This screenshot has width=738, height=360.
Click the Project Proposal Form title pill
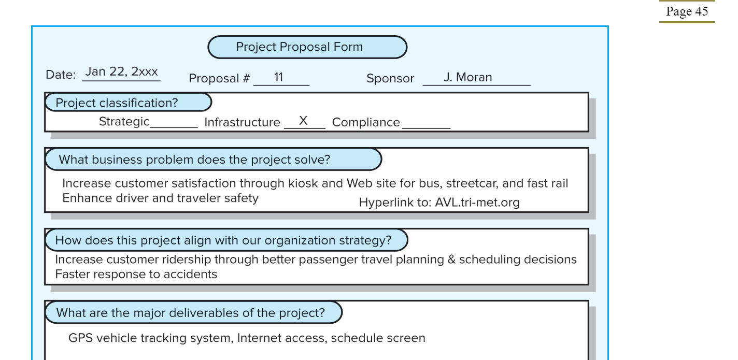[x=307, y=47]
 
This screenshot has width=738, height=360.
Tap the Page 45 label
[x=687, y=11]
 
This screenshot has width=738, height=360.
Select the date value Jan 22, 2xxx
[x=122, y=71]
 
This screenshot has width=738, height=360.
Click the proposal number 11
[x=279, y=77]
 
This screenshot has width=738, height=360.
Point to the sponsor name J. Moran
[x=467, y=77]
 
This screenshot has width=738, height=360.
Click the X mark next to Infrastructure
[x=303, y=121]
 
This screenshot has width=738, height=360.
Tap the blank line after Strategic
[x=174, y=127]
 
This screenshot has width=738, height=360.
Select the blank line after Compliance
[x=427, y=127]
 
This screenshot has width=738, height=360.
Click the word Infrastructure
[x=242, y=122]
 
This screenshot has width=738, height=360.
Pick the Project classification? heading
[x=128, y=103]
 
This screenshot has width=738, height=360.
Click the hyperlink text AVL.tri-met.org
[x=477, y=202]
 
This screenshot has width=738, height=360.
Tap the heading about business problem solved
[x=213, y=160]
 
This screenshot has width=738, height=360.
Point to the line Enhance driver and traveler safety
[x=161, y=198]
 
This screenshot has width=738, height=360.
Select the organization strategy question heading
[x=226, y=240]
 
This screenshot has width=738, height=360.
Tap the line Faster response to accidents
[x=136, y=274]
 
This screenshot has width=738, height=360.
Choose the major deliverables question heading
[x=194, y=312]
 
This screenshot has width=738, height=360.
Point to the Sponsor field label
[x=390, y=78]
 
